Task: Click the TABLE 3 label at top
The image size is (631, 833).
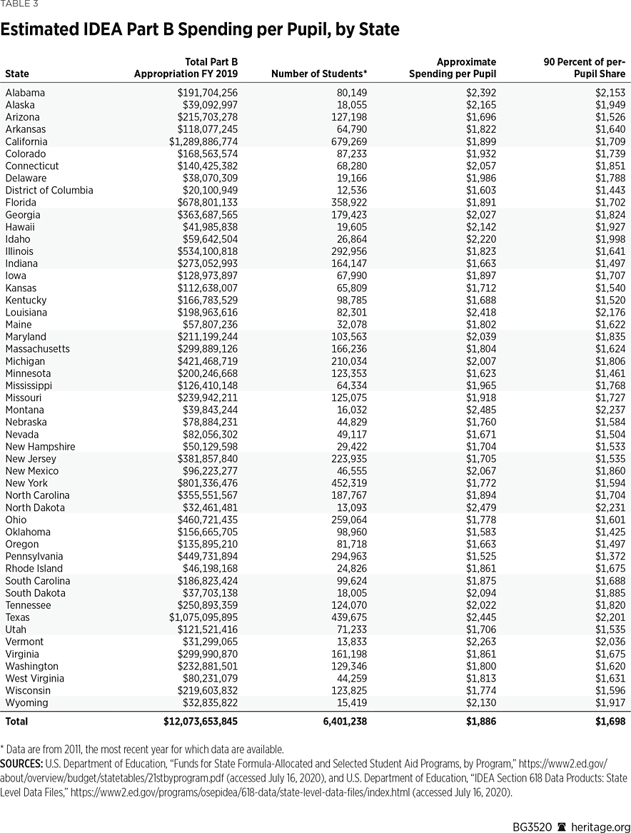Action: [19, 4]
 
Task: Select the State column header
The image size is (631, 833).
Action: [17, 74]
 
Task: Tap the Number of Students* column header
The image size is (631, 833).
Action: [319, 74]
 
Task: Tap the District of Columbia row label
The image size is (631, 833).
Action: [49, 190]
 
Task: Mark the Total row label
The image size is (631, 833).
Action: [16, 722]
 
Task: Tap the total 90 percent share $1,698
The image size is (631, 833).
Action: [610, 722]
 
